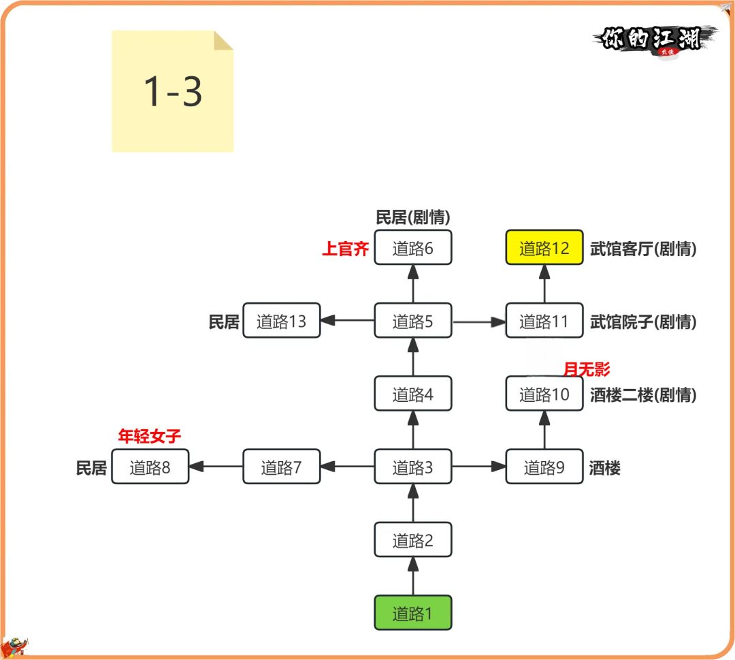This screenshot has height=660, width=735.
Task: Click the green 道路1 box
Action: coord(413,613)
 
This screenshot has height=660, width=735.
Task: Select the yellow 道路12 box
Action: coord(544,248)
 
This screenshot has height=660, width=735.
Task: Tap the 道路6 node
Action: coord(413,248)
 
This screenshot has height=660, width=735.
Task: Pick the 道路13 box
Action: coord(281,321)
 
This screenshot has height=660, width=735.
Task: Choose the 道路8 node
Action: coord(150,467)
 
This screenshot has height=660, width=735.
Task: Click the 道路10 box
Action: coord(544,394)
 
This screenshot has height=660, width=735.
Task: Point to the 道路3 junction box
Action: coord(413,467)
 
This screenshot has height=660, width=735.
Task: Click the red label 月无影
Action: coord(587,370)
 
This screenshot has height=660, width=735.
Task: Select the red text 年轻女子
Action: coord(150,437)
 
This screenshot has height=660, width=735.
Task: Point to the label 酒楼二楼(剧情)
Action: coord(643,395)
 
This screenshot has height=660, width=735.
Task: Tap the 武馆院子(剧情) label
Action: coord(643,322)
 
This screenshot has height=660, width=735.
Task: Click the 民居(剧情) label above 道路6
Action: coord(413,217)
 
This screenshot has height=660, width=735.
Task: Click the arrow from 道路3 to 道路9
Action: coord(479,467)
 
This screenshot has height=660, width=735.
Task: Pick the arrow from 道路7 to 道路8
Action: coord(216,467)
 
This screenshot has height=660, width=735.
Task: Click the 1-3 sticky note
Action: coord(173,91)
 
